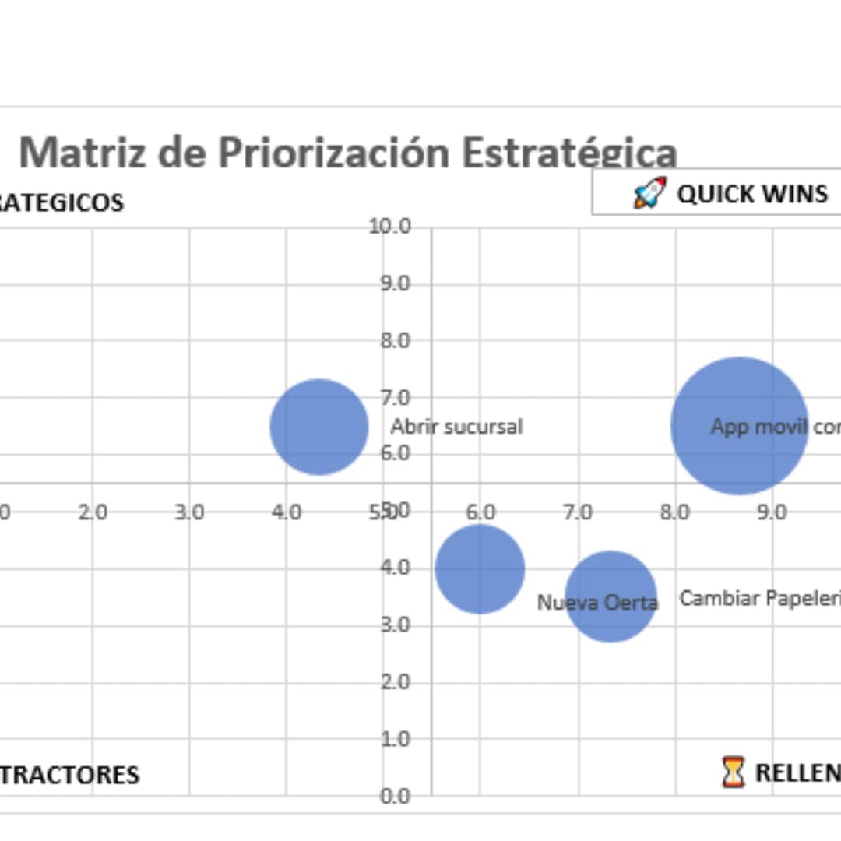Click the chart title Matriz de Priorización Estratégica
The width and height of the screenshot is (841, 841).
point(347,152)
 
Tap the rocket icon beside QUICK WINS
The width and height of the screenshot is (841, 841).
point(650,192)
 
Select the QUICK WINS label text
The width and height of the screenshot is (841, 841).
point(751,193)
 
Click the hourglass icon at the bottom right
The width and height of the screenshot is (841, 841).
point(733,772)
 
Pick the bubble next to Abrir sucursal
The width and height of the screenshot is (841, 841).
point(319,427)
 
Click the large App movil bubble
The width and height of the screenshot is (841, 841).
point(739,425)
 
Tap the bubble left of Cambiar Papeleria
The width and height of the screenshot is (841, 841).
point(611,596)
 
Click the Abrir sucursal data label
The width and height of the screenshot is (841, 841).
point(456,427)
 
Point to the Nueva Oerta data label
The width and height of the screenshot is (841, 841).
point(597,602)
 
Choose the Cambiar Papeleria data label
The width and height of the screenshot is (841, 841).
point(759,598)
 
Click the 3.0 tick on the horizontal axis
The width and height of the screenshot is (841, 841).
point(189,512)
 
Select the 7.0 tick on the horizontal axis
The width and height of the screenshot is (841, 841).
point(578,512)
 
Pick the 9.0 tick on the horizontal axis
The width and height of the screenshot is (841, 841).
point(772,512)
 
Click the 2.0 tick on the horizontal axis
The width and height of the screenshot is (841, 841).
point(93,512)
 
